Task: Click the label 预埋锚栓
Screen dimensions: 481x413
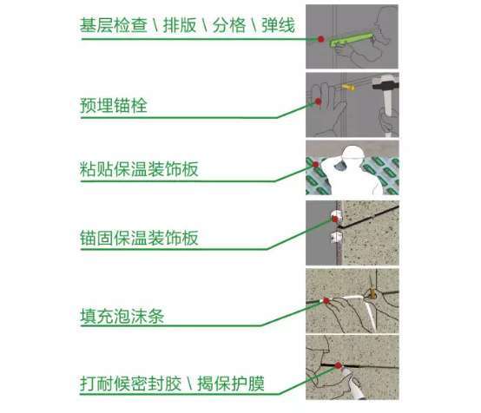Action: tap(114, 106)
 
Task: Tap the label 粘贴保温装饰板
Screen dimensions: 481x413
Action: tap(139, 169)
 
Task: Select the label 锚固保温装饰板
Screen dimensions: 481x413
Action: tap(139, 238)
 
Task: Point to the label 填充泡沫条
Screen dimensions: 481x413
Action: tap(122, 316)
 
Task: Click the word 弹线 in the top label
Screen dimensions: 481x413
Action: tap(278, 25)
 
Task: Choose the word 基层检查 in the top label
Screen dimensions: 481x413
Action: tap(114, 25)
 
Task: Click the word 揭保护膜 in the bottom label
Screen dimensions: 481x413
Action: tap(231, 383)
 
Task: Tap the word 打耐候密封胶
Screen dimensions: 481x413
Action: tap(131, 383)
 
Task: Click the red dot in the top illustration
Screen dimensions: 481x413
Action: tap(321, 39)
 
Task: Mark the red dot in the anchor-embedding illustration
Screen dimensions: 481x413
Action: tap(318, 102)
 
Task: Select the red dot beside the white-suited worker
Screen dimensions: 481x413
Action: tap(315, 165)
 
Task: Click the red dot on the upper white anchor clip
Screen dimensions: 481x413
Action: tap(335, 219)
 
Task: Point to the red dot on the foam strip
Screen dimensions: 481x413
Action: tap(326, 301)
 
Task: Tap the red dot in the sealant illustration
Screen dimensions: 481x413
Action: tap(338, 365)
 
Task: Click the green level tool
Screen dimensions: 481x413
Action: tap(352, 39)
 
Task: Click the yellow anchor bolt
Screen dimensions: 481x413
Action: tap(348, 88)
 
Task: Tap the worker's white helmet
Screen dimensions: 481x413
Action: tap(353, 154)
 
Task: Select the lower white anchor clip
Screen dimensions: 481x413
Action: tap(336, 238)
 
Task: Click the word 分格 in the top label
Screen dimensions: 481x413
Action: tap(229, 25)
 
